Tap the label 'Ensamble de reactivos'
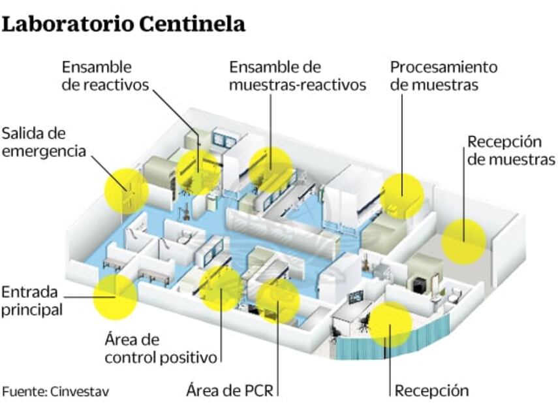(x=105, y=76)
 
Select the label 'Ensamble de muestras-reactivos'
(x=297, y=76)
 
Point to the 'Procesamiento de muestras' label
(x=443, y=76)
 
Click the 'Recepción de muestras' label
(x=511, y=151)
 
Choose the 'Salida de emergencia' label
(x=43, y=142)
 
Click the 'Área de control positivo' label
(x=161, y=349)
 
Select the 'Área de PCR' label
(x=229, y=391)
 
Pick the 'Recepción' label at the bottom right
(x=431, y=391)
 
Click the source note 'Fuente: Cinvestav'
(x=55, y=391)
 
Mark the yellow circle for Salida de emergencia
(x=127, y=190)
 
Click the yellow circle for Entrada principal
(x=116, y=297)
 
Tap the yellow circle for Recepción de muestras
(x=463, y=241)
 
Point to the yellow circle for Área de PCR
(x=277, y=300)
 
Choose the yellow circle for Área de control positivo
(x=221, y=289)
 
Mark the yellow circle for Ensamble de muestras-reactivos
(x=270, y=169)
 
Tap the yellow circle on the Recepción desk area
(x=390, y=324)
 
